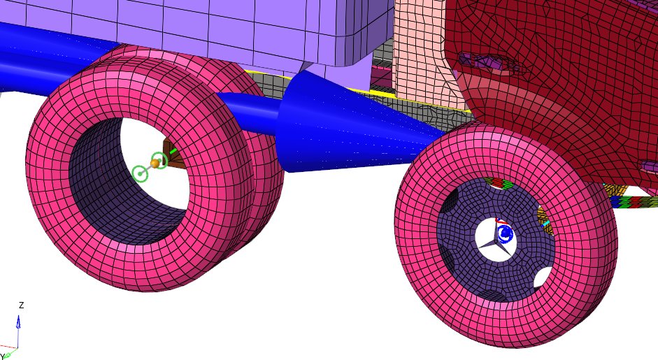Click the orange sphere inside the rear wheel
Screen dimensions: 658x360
pyautogui.click(x=155, y=163)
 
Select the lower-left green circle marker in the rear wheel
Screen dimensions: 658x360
pyautogui.click(x=140, y=173)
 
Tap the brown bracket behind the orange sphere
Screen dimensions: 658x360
pyautogui.click(x=173, y=154)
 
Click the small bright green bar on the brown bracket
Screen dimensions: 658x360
pyautogui.click(x=173, y=150)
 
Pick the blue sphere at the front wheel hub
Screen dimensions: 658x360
pyautogui.click(x=505, y=233)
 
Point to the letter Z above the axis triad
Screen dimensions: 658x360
pyautogui.click(x=21, y=305)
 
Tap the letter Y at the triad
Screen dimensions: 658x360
pyautogui.click(x=2, y=357)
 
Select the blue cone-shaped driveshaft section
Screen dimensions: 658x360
pyautogui.click(x=357, y=126)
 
